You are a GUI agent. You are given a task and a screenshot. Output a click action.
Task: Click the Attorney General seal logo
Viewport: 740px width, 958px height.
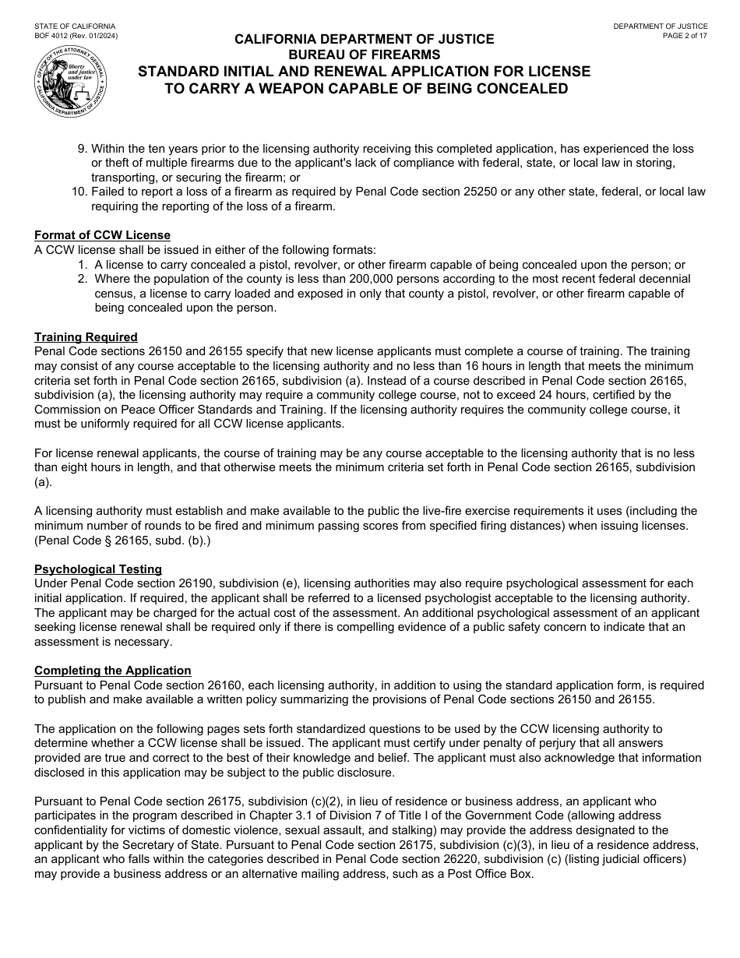point(71,82)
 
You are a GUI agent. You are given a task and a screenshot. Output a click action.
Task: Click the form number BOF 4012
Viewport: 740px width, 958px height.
point(59,36)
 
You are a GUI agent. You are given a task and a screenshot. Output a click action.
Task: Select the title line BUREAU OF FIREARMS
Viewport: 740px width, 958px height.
point(364,55)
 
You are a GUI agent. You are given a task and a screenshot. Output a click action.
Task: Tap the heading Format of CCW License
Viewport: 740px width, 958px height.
point(102,235)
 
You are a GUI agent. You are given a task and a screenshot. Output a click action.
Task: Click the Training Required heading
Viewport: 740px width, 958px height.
point(86,337)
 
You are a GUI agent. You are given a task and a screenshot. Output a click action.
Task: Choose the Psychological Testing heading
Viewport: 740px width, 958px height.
point(98,569)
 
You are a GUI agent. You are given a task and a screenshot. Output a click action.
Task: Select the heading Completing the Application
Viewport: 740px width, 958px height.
point(112,671)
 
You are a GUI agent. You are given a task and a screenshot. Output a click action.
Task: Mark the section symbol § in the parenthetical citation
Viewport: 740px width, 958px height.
point(102,541)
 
